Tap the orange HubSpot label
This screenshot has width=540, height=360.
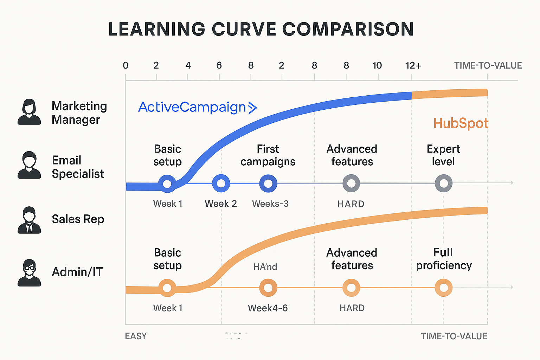(x=461, y=123)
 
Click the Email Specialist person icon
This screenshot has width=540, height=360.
(x=29, y=165)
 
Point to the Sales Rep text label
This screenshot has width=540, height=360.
(x=78, y=219)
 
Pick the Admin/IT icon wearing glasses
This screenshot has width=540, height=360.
(x=29, y=273)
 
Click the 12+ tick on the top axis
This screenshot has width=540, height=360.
(x=413, y=66)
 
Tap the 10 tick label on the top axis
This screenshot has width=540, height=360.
(x=377, y=66)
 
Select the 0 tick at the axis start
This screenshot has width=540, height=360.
(x=126, y=66)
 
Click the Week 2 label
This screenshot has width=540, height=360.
(x=221, y=204)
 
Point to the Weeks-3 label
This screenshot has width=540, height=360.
(x=270, y=204)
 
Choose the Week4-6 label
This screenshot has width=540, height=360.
(x=268, y=308)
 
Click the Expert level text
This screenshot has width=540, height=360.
(x=443, y=155)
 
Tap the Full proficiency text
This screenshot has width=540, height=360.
(x=444, y=259)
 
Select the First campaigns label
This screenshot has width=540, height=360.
(x=268, y=155)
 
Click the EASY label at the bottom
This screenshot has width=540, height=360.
(x=136, y=336)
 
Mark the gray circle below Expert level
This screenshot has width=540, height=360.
(x=444, y=183)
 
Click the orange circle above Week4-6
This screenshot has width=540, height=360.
(x=268, y=288)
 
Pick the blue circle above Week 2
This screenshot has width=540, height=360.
(x=221, y=183)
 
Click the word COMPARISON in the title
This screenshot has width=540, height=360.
(x=348, y=29)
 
